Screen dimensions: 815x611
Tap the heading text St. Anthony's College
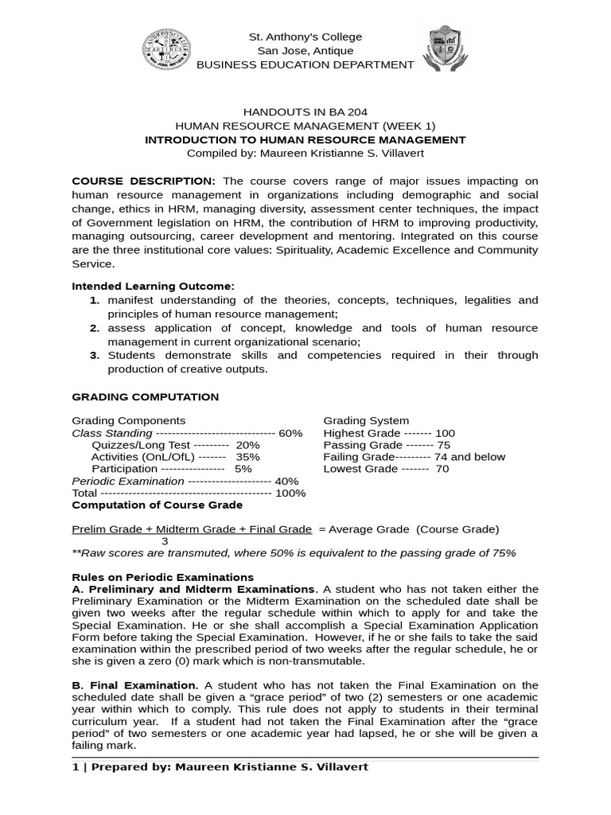click(x=305, y=37)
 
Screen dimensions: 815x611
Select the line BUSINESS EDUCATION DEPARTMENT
click(x=305, y=64)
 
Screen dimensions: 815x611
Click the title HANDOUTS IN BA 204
click(x=305, y=112)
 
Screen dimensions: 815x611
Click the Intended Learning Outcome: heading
click(x=154, y=286)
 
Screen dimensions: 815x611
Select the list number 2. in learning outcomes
click(x=95, y=328)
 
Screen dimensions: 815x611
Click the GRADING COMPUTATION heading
click(x=146, y=396)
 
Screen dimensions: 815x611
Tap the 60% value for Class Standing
click(x=290, y=433)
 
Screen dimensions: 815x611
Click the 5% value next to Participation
click(x=243, y=469)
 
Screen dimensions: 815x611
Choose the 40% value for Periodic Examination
click(x=286, y=481)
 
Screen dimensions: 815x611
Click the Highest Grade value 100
click(x=445, y=433)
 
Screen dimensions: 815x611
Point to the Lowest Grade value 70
click(x=442, y=469)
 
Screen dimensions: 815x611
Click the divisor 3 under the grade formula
click(x=165, y=540)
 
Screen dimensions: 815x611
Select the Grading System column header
click(x=366, y=420)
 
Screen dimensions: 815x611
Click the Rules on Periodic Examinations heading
click(x=163, y=577)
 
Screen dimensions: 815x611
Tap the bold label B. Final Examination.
click(x=135, y=685)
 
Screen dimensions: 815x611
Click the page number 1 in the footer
click(x=75, y=766)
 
